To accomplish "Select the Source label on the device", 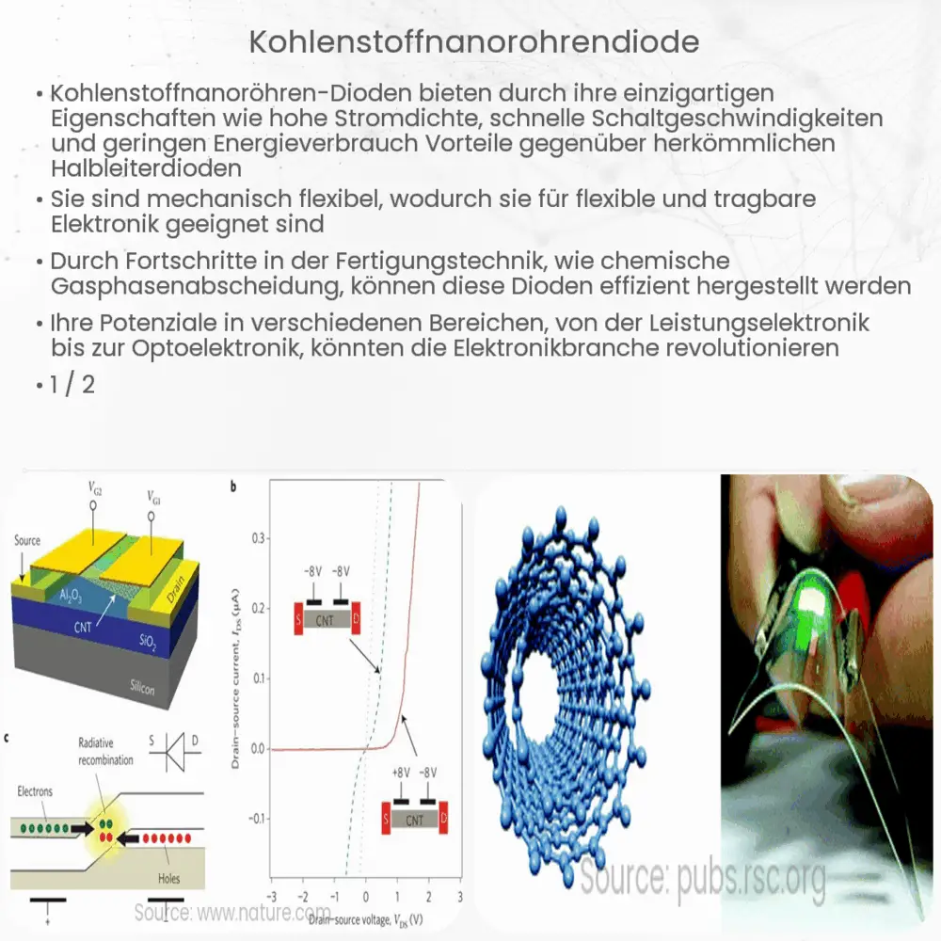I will pos(27,541).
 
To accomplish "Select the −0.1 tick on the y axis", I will pos(252,819).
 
